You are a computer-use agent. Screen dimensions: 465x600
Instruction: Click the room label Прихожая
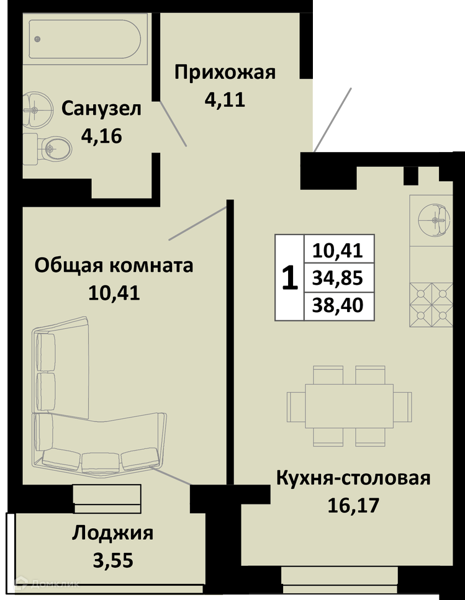tap(225, 73)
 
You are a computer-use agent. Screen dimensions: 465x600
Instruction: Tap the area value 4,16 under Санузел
tap(101, 136)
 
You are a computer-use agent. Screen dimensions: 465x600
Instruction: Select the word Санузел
tap(101, 109)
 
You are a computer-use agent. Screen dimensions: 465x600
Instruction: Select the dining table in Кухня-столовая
tap(350, 406)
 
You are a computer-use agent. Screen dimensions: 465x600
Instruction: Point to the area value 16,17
tap(353, 505)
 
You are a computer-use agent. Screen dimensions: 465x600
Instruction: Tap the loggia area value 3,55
tap(113, 560)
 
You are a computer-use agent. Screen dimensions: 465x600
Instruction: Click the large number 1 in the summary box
tap(290, 278)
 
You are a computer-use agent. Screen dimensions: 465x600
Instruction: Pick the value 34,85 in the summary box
tap(338, 278)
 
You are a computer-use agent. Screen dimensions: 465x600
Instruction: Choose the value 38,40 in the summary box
tap(338, 306)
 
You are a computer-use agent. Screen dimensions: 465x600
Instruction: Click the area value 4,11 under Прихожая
tap(225, 100)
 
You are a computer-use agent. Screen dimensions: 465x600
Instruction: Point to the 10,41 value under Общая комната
tap(114, 293)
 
